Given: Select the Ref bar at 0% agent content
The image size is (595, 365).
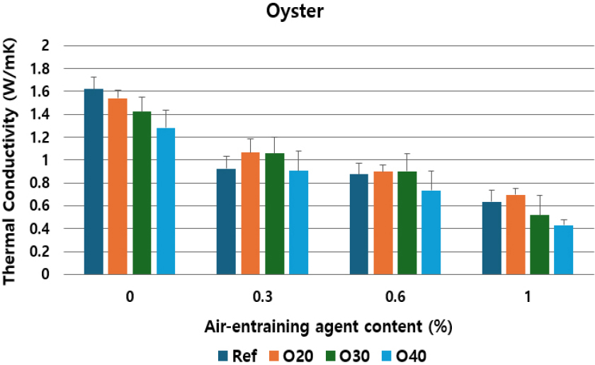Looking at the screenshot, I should [93, 181].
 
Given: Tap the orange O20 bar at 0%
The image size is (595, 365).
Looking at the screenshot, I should [118, 186].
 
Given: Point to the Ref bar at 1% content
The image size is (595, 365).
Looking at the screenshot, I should [492, 238].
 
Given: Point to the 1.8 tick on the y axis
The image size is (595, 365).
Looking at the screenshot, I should [42, 69].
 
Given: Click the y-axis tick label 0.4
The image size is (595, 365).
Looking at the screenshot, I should [42, 229].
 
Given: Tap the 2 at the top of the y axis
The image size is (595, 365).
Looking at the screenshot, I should [47, 46].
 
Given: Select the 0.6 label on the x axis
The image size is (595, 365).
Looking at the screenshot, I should [395, 298].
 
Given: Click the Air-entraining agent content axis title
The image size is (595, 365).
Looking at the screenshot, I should [328, 327].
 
